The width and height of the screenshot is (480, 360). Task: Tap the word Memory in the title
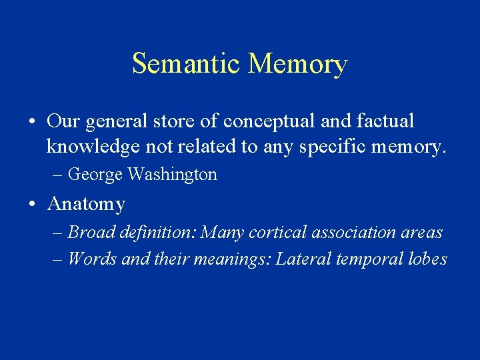coord(297,64)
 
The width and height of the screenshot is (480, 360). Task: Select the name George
coord(95,175)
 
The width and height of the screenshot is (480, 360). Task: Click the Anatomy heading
coord(87,203)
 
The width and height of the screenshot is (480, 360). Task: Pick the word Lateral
coord(299,259)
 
